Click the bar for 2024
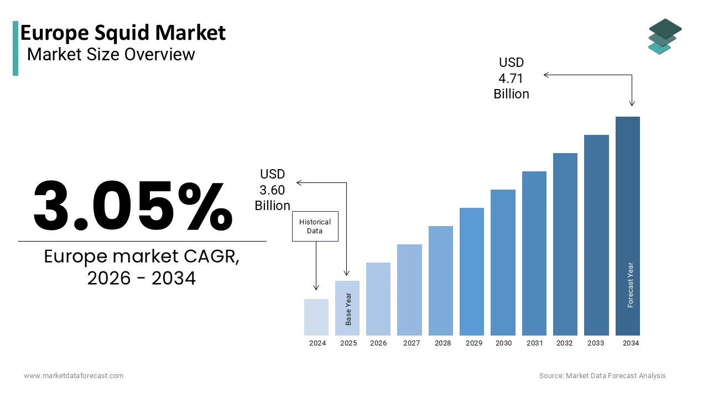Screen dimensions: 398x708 coord(316,317)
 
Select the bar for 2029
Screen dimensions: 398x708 coord(471,271)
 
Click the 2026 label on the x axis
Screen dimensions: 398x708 coord(378,343)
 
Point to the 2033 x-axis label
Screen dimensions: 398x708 coord(596,343)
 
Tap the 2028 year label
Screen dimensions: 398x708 coord(442,343)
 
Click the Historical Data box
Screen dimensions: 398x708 coord(315,226)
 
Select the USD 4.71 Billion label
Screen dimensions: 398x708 coord(511,78)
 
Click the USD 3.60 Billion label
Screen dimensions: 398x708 coord(272,190)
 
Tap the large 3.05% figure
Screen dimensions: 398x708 coord(133,206)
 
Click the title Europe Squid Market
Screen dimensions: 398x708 coord(123,33)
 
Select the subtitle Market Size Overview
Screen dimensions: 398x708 coord(111,54)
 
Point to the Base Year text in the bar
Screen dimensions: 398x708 coord(348,308)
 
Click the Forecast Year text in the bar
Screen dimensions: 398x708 coord(631,285)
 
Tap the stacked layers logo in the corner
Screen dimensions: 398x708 coord(665,36)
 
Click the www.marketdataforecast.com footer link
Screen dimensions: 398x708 coord(74,376)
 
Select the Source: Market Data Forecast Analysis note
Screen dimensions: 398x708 coord(602,376)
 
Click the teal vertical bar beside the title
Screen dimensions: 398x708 coord(15,48)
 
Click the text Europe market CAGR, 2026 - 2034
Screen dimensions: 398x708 coord(142,268)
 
